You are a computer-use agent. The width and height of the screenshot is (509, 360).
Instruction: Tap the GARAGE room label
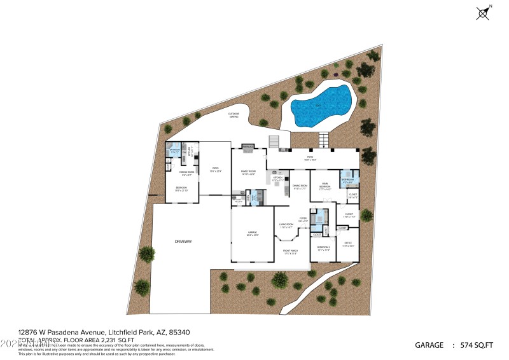coord(253,233)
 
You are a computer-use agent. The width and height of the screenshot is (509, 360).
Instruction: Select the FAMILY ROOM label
coord(248,172)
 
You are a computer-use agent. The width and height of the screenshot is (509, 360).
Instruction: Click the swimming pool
coord(322,106)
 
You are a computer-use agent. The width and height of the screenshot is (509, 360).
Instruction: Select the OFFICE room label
coord(348,244)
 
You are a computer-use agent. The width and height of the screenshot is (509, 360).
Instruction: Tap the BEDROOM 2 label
coord(323,248)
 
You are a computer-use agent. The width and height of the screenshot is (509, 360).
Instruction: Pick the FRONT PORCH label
coord(290,252)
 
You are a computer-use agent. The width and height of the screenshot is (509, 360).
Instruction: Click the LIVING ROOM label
coord(287,225)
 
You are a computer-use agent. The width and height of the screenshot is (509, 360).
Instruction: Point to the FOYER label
coord(303,220)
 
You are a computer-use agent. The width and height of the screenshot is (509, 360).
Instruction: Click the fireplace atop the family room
coord(248,148)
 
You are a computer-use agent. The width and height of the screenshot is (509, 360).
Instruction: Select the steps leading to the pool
coord(325,138)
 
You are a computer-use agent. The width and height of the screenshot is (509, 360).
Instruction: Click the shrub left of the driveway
coord(146,254)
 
